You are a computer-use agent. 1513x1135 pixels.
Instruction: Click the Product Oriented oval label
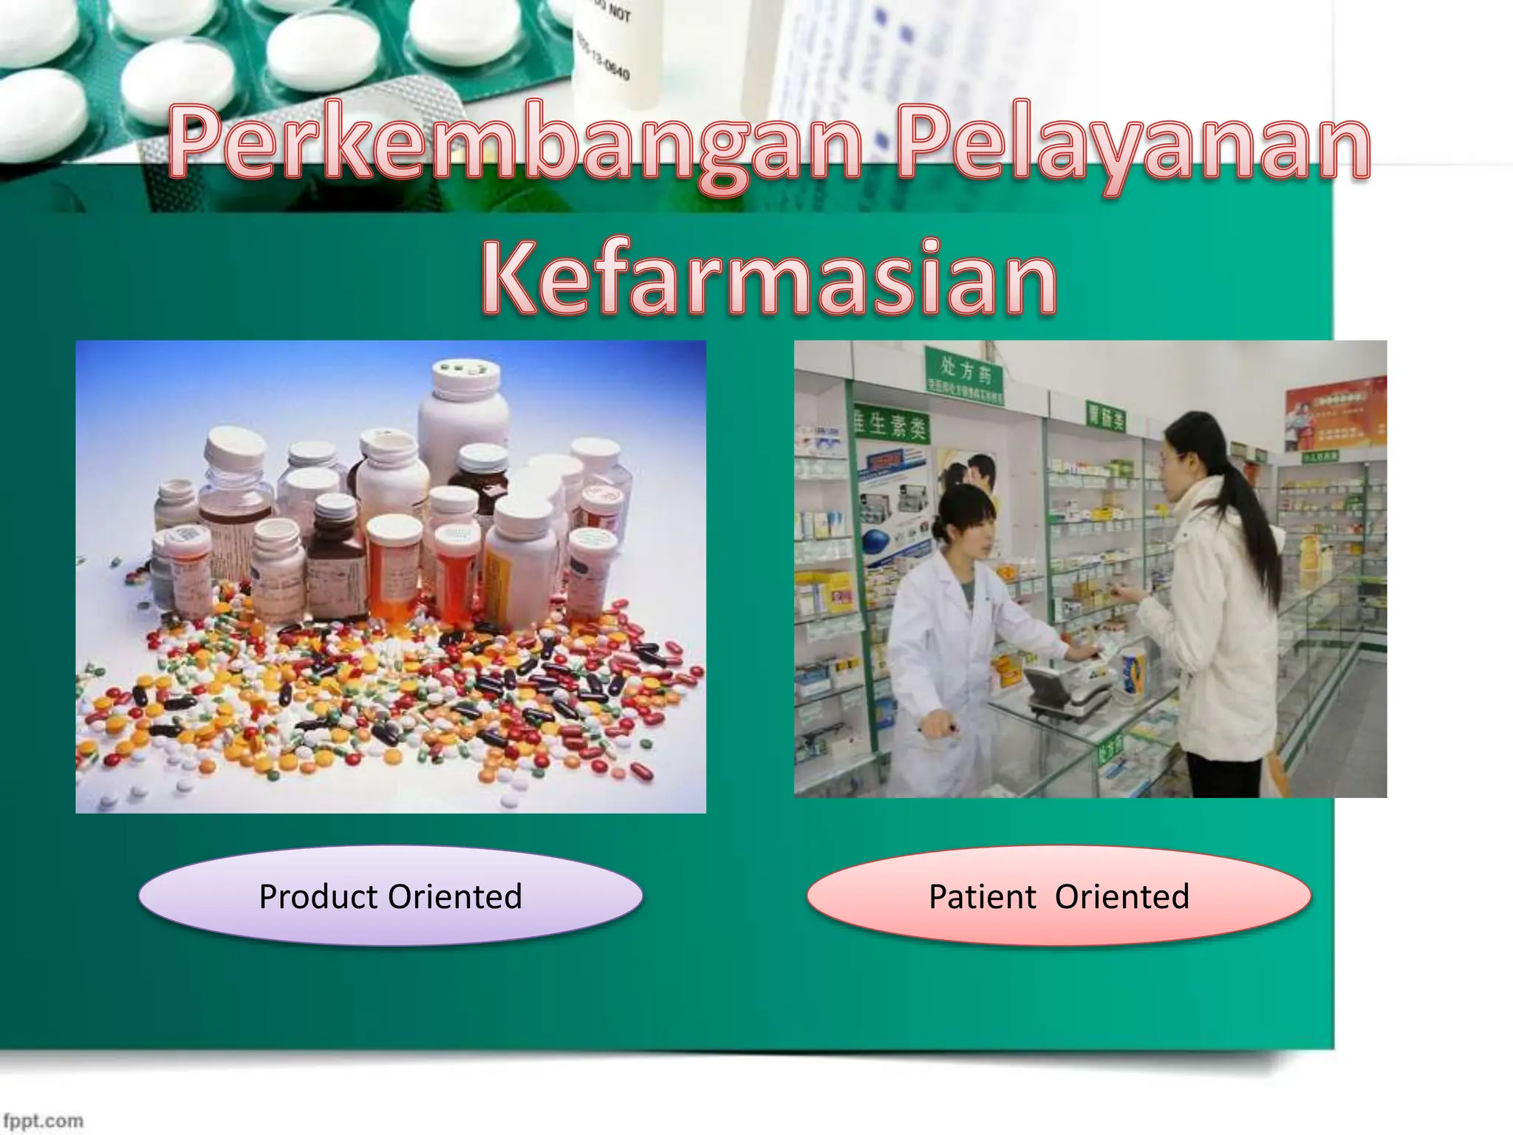[390, 896]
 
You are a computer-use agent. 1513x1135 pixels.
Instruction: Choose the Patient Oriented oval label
[1059, 896]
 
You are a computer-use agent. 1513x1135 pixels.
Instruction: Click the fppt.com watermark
[43, 1120]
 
